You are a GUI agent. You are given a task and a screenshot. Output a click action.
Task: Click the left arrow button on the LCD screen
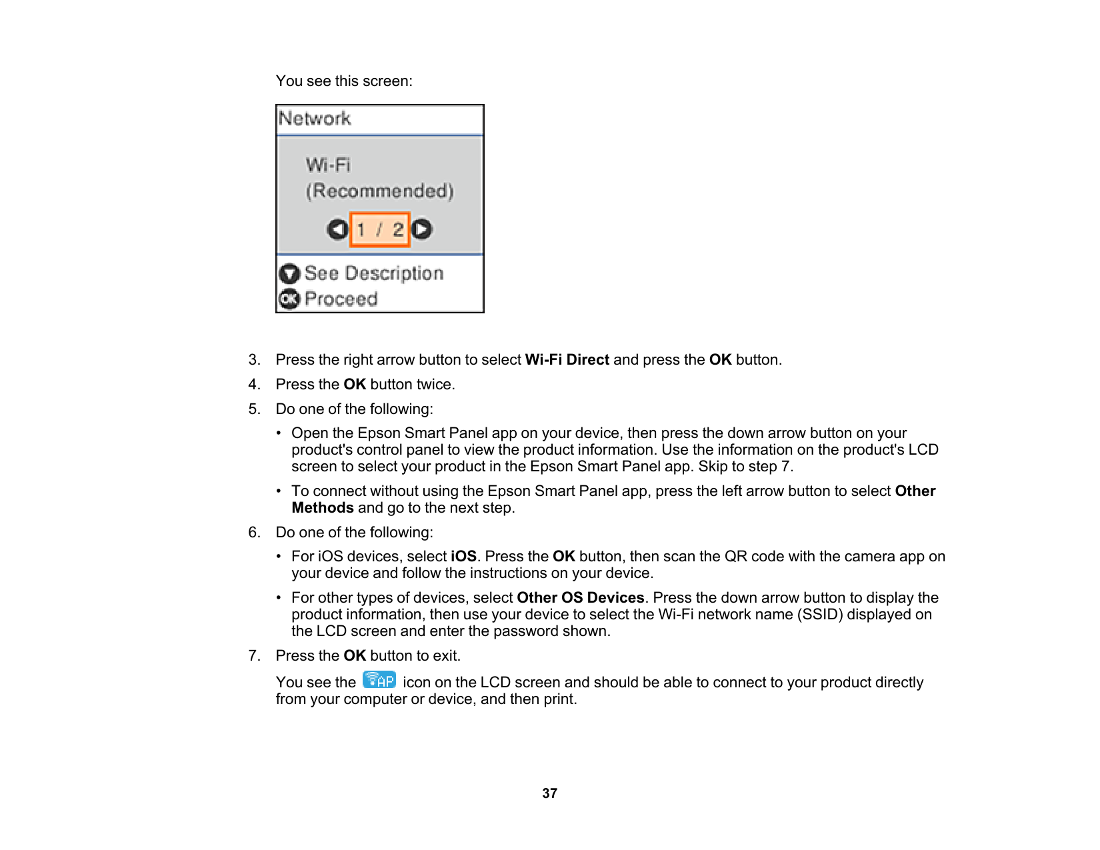pos(337,229)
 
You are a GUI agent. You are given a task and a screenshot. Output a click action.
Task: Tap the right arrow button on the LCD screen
pos(421,229)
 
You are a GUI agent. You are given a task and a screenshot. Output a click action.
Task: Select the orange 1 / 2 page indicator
pos(379,229)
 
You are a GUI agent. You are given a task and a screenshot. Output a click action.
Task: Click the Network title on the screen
pos(315,119)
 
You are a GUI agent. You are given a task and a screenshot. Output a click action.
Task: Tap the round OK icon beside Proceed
pos(289,299)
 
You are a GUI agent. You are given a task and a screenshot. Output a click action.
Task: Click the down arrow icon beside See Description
pos(289,274)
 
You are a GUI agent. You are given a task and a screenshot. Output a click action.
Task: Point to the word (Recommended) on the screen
pos(379,191)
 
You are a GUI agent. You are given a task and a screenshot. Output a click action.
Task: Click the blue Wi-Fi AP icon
pos(379,680)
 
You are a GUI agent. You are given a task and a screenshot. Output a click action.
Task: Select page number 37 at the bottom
pos(549,793)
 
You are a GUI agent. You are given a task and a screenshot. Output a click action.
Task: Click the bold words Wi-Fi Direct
pos(567,360)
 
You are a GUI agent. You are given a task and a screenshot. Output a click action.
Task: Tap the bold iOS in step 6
pos(463,557)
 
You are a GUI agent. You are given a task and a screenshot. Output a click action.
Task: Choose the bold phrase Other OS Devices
pos(580,598)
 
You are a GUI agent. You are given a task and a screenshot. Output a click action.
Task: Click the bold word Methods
pos(323,508)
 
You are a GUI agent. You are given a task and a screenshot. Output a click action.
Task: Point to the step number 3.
pos(253,360)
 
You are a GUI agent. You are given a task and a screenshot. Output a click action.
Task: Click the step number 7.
pos(253,656)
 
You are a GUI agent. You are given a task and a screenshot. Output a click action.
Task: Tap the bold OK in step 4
pos(355,385)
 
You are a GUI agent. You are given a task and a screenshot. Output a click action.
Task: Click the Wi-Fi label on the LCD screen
pos(328,165)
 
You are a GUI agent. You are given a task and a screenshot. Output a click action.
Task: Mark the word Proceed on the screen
pos(341,299)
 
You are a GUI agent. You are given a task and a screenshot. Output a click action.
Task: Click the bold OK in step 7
pos(355,656)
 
